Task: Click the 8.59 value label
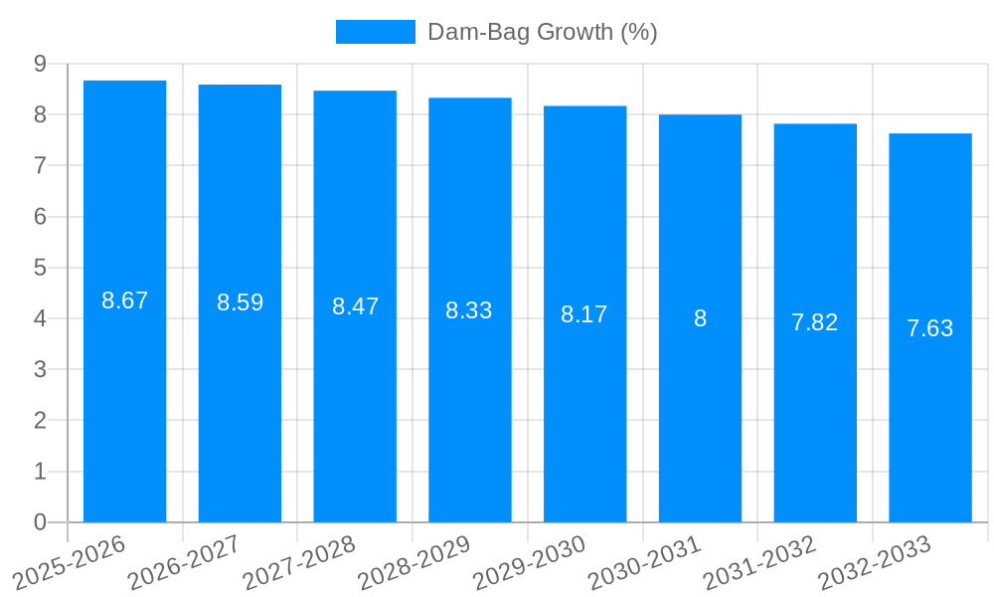click(x=240, y=302)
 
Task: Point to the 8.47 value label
click(x=355, y=306)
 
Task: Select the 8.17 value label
click(x=583, y=314)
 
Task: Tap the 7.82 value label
click(x=814, y=322)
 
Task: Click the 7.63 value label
click(x=929, y=328)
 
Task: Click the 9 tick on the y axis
click(x=40, y=64)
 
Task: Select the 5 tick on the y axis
click(x=40, y=268)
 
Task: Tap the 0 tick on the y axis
click(x=40, y=522)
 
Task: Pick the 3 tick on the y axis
click(x=40, y=369)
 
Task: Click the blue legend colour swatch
click(x=375, y=32)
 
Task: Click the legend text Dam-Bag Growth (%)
click(x=542, y=32)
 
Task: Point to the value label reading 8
click(x=700, y=318)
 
